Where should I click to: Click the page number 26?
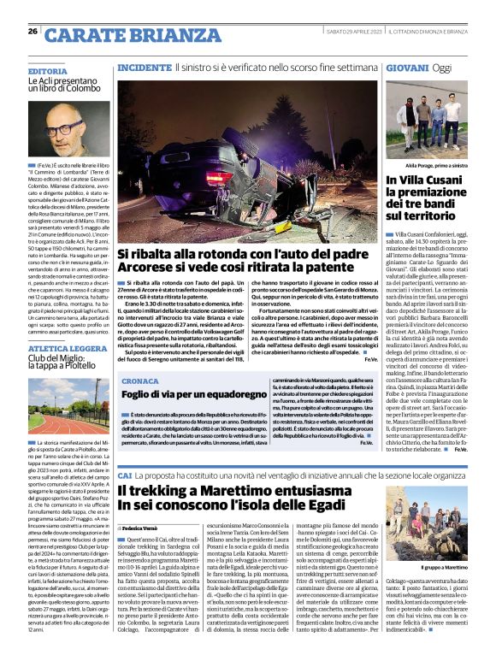tap(32, 32)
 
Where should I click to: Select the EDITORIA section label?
tap(47, 71)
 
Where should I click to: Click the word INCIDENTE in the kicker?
tap(145, 67)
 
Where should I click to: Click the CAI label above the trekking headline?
tap(124, 475)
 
